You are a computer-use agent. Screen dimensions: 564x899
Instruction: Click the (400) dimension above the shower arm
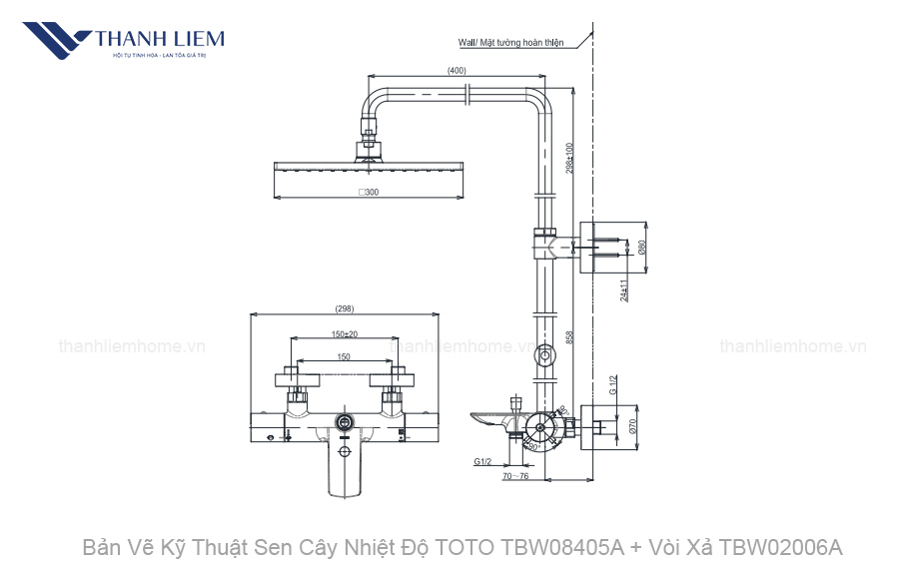point(456,70)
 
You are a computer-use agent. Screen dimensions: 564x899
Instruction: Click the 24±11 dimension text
point(623,289)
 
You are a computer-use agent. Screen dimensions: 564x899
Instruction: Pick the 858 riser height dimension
point(569,337)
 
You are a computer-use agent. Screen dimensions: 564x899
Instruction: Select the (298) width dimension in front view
point(344,308)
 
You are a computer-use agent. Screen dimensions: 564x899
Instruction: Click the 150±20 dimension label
point(345,333)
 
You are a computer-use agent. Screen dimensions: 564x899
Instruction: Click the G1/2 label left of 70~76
point(482,461)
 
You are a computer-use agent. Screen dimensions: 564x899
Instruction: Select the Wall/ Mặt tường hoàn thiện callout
point(510,43)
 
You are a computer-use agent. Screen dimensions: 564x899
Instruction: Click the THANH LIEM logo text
point(159,39)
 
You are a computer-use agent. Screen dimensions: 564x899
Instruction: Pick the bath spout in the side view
point(495,419)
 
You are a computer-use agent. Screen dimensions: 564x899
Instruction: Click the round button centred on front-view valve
point(345,423)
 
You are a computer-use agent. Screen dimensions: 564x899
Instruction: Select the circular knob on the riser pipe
point(545,354)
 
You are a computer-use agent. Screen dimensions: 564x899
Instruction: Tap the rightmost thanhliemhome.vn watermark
point(793,346)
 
